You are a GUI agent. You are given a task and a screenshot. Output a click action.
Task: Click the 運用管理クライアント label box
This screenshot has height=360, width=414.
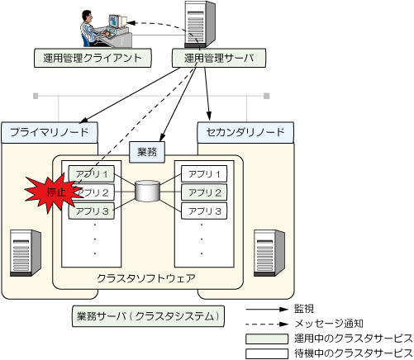coord(93,58)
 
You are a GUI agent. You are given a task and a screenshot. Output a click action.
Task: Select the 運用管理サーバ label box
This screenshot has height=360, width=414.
coord(219,58)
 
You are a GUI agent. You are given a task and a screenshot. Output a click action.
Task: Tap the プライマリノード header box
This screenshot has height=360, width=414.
coord(50,132)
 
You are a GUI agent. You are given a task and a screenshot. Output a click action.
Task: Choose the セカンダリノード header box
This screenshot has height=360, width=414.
coord(245,132)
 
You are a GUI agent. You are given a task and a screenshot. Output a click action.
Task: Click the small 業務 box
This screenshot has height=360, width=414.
coord(147,152)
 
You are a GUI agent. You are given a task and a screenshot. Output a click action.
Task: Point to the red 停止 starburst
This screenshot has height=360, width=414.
coord(54,192)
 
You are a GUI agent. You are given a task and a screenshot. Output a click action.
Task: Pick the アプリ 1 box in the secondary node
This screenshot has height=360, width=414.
coord(204,174)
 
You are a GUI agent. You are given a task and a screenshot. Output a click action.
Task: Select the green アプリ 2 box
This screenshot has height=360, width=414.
coord(204,192)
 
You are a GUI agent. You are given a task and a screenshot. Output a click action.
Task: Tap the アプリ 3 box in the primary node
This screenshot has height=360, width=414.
coord(92,211)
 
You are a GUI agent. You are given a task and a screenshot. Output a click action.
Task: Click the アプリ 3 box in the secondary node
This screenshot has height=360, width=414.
coord(204,211)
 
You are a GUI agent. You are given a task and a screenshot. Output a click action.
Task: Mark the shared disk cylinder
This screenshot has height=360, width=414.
coord(148,191)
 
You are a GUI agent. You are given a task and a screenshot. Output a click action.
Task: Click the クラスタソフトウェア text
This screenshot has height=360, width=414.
coord(146,278)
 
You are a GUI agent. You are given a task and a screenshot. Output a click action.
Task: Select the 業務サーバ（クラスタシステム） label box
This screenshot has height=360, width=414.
coord(148,316)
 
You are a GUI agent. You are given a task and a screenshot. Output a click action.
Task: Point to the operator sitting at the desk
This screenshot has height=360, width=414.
coord(93,28)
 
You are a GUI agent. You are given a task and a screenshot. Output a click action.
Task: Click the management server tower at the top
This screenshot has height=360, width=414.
coord(200,24)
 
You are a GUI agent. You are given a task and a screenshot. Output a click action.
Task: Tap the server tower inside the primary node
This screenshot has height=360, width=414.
coord(26,253)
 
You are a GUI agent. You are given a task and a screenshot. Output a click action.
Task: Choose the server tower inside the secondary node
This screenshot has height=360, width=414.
coord(269,253)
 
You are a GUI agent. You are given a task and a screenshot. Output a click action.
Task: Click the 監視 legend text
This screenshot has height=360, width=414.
coord(304,309)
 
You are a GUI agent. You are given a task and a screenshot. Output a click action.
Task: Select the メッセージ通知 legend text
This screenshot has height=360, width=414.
coord(329,324)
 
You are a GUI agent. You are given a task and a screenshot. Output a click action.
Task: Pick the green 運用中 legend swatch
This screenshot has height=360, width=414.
coord(267,339)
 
